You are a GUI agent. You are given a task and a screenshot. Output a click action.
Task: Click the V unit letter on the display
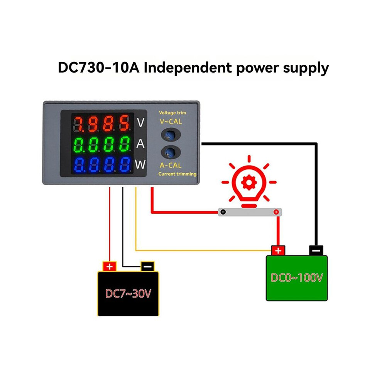(x=140, y=123)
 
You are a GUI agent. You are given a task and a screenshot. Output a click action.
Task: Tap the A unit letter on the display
(x=140, y=144)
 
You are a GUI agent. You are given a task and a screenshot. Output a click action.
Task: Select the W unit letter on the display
(x=140, y=164)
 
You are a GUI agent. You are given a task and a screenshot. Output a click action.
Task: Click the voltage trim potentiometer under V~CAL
(x=171, y=135)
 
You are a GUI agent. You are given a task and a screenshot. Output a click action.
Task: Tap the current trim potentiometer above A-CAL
(x=171, y=152)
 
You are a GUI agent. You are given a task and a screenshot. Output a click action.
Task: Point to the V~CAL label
(x=171, y=121)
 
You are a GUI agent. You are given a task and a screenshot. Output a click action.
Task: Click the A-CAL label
(x=171, y=166)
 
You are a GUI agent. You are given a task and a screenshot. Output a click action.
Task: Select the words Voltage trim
(x=172, y=113)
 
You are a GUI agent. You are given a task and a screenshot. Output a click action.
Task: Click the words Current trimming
(x=177, y=174)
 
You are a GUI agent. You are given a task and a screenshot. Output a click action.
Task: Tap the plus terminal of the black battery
(x=109, y=267)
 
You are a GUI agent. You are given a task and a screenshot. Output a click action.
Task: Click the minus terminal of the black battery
(x=147, y=267)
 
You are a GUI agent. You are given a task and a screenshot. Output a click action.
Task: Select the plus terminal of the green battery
(x=278, y=251)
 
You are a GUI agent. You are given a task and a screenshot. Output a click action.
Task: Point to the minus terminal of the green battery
(x=316, y=250)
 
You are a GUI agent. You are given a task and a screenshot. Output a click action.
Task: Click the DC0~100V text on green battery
(x=297, y=278)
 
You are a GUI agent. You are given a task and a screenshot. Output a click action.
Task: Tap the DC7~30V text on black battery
(x=128, y=294)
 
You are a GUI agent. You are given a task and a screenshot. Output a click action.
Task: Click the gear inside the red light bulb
(x=249, y=182)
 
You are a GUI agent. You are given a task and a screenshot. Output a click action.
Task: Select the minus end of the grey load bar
(x=223, y=212)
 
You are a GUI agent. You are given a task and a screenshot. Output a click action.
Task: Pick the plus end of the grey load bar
(x=276, y=212)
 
